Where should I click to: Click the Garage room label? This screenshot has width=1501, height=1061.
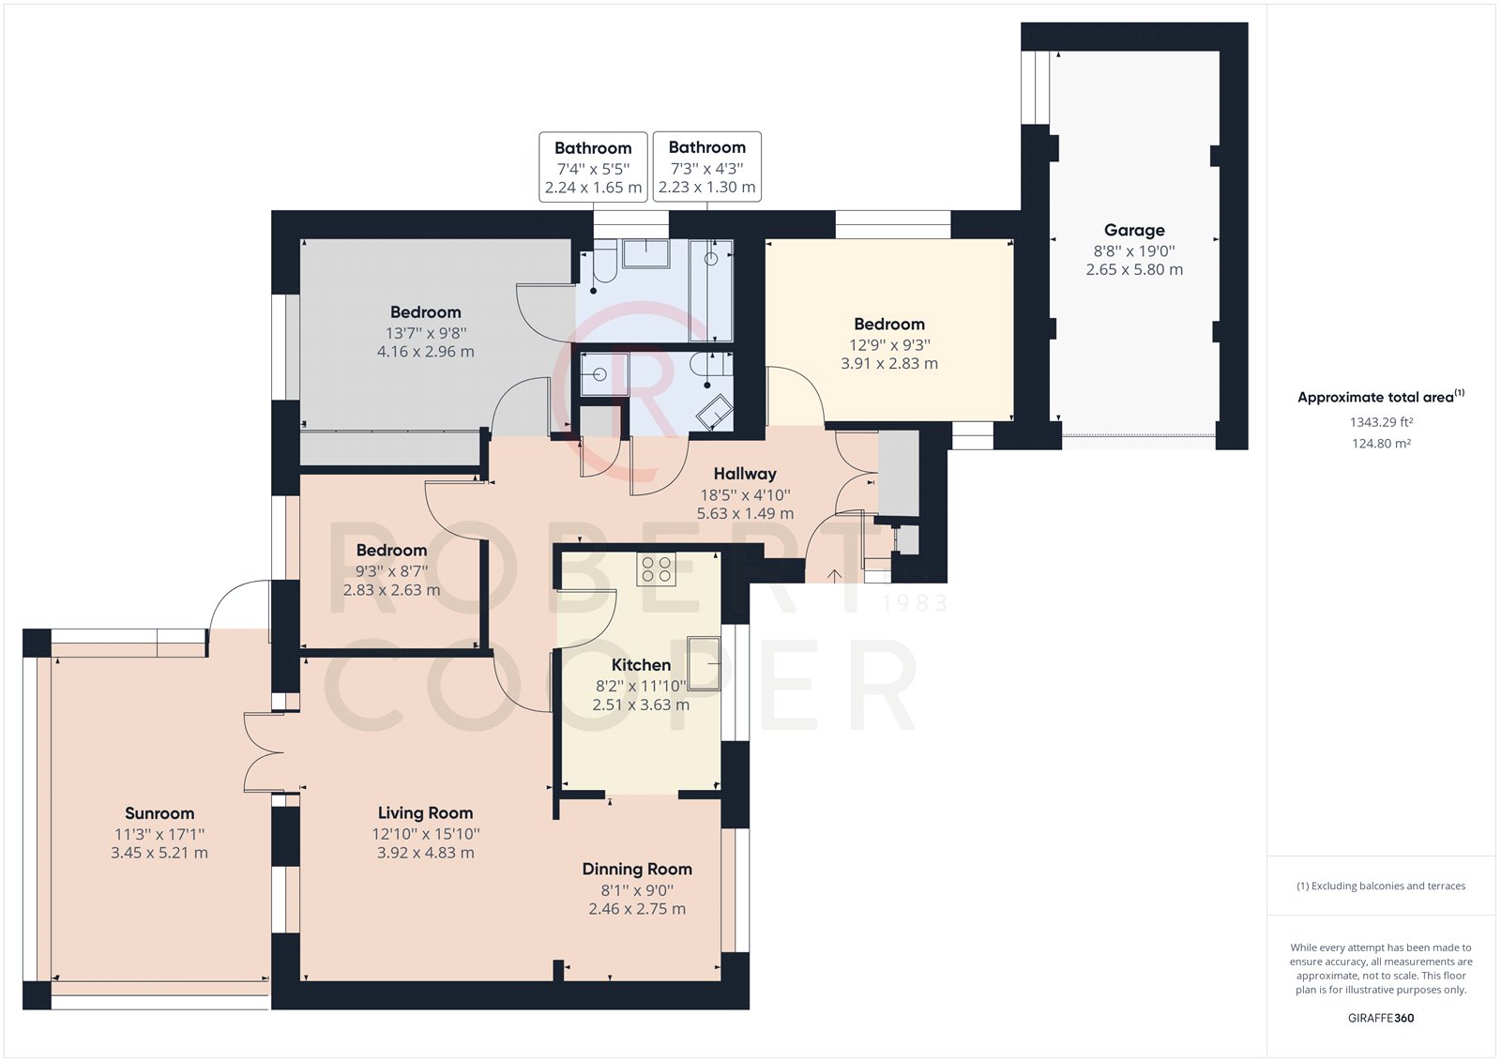click(1134, 230)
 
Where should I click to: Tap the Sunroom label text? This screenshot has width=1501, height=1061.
click(159, 813)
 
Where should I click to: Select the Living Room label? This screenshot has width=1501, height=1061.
click(425, 813)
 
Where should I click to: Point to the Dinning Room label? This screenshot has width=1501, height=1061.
click(637, 870)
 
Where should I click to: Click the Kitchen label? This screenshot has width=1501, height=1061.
click(641, 665)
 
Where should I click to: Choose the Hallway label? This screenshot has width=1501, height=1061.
click(745, 474)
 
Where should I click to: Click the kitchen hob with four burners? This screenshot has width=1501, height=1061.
click(656, 568)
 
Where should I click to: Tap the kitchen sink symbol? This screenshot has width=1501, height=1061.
click(704, 663)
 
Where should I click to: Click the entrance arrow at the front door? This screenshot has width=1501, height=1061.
click(834, 574)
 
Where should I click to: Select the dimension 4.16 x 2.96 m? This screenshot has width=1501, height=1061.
click(426, 352)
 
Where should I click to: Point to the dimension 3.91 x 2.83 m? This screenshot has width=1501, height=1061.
click(889, 363)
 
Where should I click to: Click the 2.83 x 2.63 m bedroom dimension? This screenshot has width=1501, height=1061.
click(391, 590)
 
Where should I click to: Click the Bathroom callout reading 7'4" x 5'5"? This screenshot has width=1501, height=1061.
click(593, 167)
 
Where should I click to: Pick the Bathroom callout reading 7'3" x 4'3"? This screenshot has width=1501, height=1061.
click(706, 167)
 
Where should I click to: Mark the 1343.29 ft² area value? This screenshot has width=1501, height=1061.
click(1381, 423)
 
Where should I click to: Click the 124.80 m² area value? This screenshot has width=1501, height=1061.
click(1381, 444)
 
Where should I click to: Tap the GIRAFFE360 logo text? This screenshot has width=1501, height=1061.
click(1381, 1018)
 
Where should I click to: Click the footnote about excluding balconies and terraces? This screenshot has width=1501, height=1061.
click(1381, 886)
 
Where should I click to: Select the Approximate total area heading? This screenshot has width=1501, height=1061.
click(1379, 397)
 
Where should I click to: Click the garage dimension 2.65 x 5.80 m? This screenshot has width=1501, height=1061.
click(1134, 269)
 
